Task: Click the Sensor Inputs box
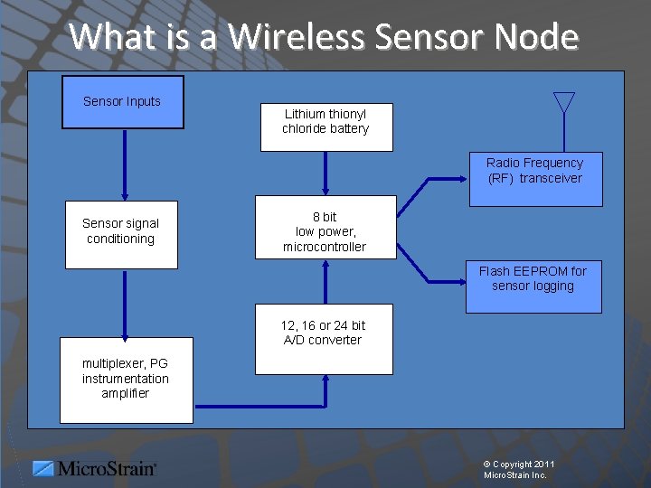point(122,101)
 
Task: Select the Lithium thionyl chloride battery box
point(325,127)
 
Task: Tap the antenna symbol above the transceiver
point(564,102)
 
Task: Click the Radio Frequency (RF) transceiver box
point(534,181)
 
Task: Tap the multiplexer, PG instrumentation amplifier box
point(126,380)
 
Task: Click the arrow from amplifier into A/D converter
point(271,404)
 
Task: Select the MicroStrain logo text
point(108,468)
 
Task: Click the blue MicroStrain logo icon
point(43,468)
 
